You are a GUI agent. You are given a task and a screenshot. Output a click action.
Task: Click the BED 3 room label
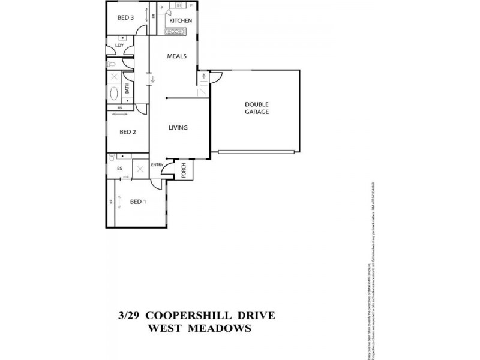point(125,17)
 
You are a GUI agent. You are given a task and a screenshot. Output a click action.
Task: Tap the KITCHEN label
point(180,21)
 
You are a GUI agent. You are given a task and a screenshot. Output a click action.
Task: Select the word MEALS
point(176,56)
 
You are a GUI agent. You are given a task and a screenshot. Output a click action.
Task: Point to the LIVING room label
point(178,127)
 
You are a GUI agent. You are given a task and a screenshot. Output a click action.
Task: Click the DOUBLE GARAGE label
point(256,108)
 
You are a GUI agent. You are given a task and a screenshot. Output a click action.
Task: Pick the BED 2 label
point(128,132)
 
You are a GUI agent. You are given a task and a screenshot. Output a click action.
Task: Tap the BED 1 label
point(137,202)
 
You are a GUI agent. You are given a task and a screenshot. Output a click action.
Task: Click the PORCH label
point(184,170)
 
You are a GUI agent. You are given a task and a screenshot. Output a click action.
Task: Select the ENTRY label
point(157,165)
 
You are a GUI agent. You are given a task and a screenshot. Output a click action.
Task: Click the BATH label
point(127,89)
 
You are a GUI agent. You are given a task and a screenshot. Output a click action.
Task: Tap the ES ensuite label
point(119,169)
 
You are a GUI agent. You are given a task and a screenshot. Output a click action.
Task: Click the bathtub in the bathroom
point(114,93)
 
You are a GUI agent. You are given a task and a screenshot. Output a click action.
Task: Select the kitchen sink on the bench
point(178,30)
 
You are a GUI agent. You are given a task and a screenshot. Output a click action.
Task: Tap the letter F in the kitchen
point(192,5)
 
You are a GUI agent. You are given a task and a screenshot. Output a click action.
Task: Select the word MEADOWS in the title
point(218,328)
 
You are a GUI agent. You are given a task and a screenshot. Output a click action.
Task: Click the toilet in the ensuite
point(112,157)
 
